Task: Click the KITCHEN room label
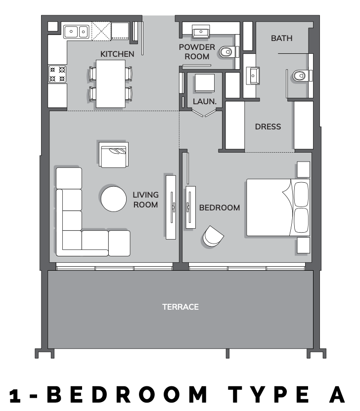point(117,54)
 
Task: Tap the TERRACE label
point(180,307)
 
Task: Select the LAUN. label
point(205,101)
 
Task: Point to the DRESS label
point(268,126)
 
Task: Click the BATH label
point(281,38)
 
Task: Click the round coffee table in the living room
point(114,199)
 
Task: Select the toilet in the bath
point(301,76)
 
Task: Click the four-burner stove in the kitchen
point(57,74)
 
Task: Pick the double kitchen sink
point(76,32)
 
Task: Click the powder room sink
point(201,32)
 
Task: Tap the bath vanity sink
point(253,76)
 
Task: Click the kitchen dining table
point(110,83)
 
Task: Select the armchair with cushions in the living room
point(114,155)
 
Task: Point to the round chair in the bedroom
point(213,237)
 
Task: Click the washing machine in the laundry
point(205,83)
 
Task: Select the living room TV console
point(171,207)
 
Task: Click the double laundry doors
point(204,113)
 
